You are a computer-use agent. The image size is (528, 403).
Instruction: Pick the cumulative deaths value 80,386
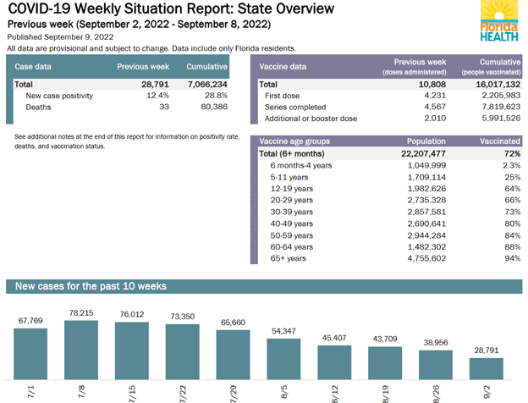tap(209, 108)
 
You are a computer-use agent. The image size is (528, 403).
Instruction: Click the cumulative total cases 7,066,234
tap(204, 85)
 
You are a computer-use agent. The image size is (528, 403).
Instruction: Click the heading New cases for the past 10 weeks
tap(91, 287)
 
